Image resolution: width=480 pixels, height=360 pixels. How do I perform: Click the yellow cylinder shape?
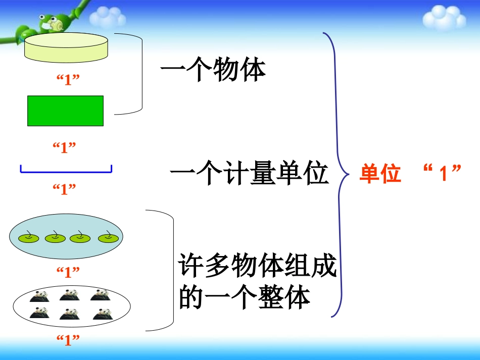click(x=66, y=46)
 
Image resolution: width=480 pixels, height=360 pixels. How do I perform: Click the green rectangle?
click(x=65, y=111)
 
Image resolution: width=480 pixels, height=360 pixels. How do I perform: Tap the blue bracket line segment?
click(x=66, y=172)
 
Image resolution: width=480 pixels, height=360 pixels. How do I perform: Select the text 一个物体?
click(x=213, y=71)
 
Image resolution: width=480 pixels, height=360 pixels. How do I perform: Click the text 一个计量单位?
click(x=250, y=175)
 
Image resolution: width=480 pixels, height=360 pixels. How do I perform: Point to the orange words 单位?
click(x=380, y=175)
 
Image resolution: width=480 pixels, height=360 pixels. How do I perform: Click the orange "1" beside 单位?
click(x=442, y=175)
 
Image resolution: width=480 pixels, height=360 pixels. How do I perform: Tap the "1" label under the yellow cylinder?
click(x=68, y=79)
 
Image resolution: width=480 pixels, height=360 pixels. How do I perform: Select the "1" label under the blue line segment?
click(x=65, y=189)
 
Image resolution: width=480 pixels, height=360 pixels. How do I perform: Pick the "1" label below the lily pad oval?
click(x=68, y=272)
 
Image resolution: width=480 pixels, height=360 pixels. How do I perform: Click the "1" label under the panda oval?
click(x=68, y=340)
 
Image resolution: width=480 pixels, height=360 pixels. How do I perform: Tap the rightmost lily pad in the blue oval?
click(x=108, y=237)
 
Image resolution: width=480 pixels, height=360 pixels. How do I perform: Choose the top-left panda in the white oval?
click(x=38, y=295)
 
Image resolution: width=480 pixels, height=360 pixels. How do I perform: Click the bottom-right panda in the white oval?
click(x=102, y=314)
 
